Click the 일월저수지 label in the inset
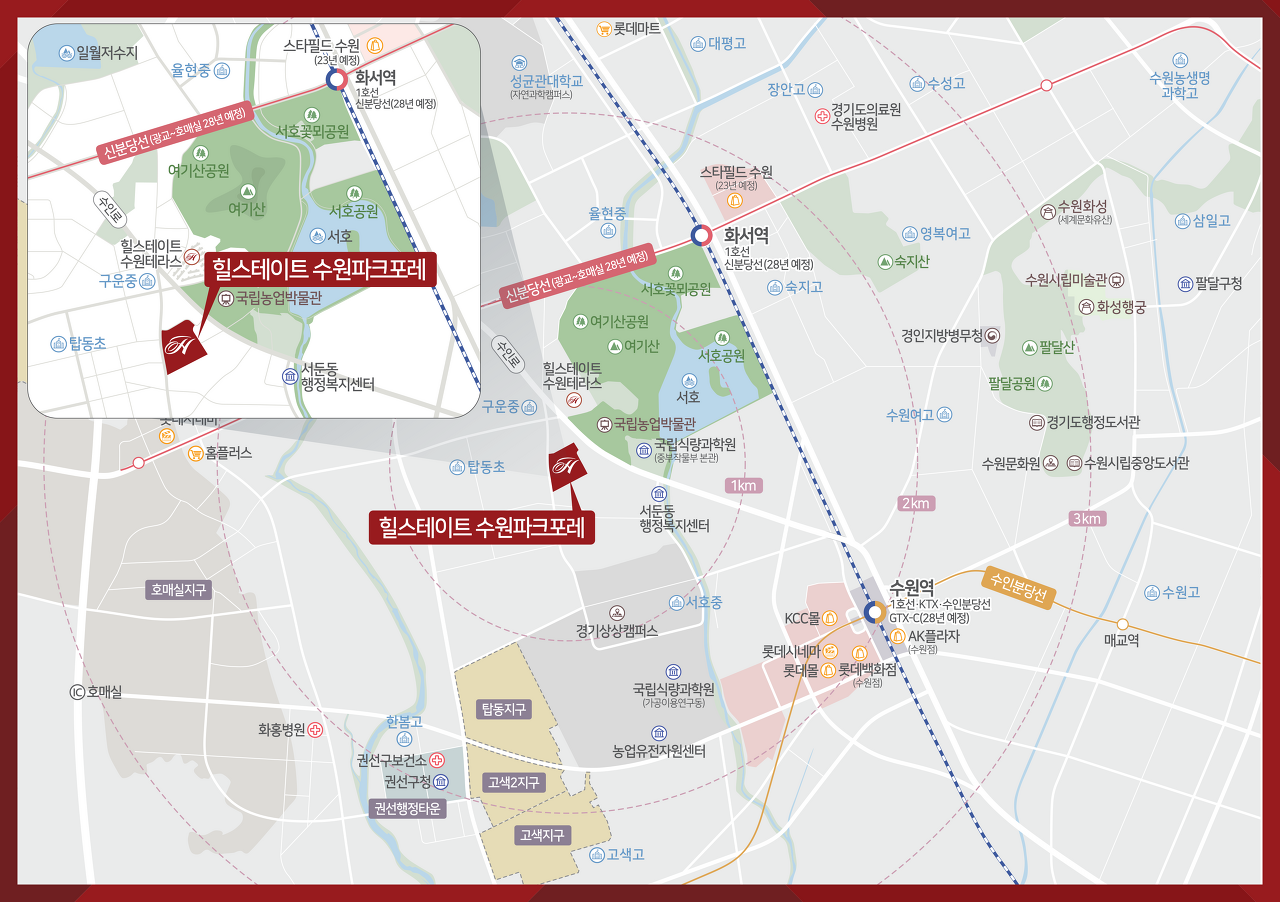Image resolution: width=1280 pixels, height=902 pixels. (x=106, y=53)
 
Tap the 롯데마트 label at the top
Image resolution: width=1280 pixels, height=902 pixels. (x=637, y=29)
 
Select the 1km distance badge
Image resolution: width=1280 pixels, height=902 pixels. (x=744, y=485)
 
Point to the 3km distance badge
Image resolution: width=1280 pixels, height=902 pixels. (x=1086, y=518)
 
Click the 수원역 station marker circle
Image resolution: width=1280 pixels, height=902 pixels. (x=873, y=612)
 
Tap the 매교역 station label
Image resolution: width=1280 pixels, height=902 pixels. (x=1121, y=640)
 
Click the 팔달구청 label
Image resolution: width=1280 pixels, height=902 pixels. (x=1217, y=283)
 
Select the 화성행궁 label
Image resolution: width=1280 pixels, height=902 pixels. (x=1121, y=307)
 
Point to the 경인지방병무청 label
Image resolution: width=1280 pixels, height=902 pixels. (x=943, y=336)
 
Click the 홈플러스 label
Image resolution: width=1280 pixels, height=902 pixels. (x=228, y=453)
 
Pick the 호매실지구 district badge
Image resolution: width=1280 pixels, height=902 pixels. (x=178, y=590)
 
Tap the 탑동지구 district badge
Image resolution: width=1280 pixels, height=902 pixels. (x=503, y=709)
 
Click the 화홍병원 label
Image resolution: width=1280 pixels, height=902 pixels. (x=281, y=730)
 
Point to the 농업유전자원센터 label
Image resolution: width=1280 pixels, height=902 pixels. (x=659, y=751)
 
